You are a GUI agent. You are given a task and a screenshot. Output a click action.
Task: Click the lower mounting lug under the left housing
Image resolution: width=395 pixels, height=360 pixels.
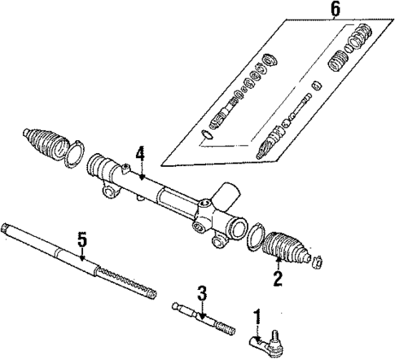(x=107, y=192)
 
